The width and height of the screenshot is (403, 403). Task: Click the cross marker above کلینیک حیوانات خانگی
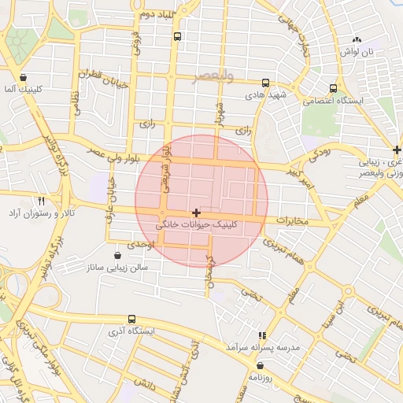196,213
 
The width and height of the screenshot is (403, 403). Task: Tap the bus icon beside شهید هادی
265,82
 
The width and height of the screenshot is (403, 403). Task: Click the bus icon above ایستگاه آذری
131,320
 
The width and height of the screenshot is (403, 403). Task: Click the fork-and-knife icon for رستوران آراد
40,201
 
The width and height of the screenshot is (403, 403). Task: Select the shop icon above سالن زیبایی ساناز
117,255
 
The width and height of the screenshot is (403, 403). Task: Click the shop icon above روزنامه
260,365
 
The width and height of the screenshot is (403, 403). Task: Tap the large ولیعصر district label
227,77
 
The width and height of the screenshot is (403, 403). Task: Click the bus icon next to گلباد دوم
177,36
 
